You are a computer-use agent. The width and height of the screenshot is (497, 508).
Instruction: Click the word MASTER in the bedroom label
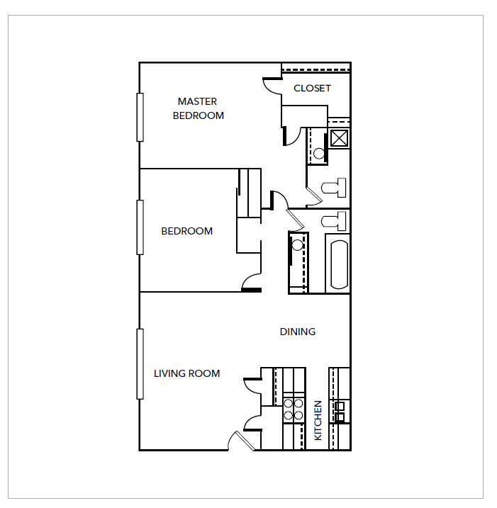coord(197,101)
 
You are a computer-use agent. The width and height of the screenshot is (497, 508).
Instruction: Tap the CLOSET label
coord(312,89)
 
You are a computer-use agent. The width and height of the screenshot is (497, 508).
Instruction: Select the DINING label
coord(297,332)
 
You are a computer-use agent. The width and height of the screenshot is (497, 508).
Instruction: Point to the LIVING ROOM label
coord(186,373)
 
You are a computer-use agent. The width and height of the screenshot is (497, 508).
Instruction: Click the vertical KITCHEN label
coord(318,420)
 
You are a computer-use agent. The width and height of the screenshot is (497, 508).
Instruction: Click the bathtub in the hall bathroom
coord(338,265)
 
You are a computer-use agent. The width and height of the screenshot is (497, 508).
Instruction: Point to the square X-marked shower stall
coord(339,137)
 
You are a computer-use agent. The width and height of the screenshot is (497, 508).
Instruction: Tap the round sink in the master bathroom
coord(319,153)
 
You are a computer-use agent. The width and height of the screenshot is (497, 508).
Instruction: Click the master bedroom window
coord(140,117)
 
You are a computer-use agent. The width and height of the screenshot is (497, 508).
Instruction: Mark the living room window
coord(140,363)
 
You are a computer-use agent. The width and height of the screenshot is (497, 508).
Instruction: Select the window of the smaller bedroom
coord(140,227)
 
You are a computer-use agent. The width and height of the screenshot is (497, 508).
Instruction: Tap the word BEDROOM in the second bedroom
coord(186,231)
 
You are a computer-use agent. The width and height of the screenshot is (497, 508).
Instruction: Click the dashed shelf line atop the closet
coord(315,69)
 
